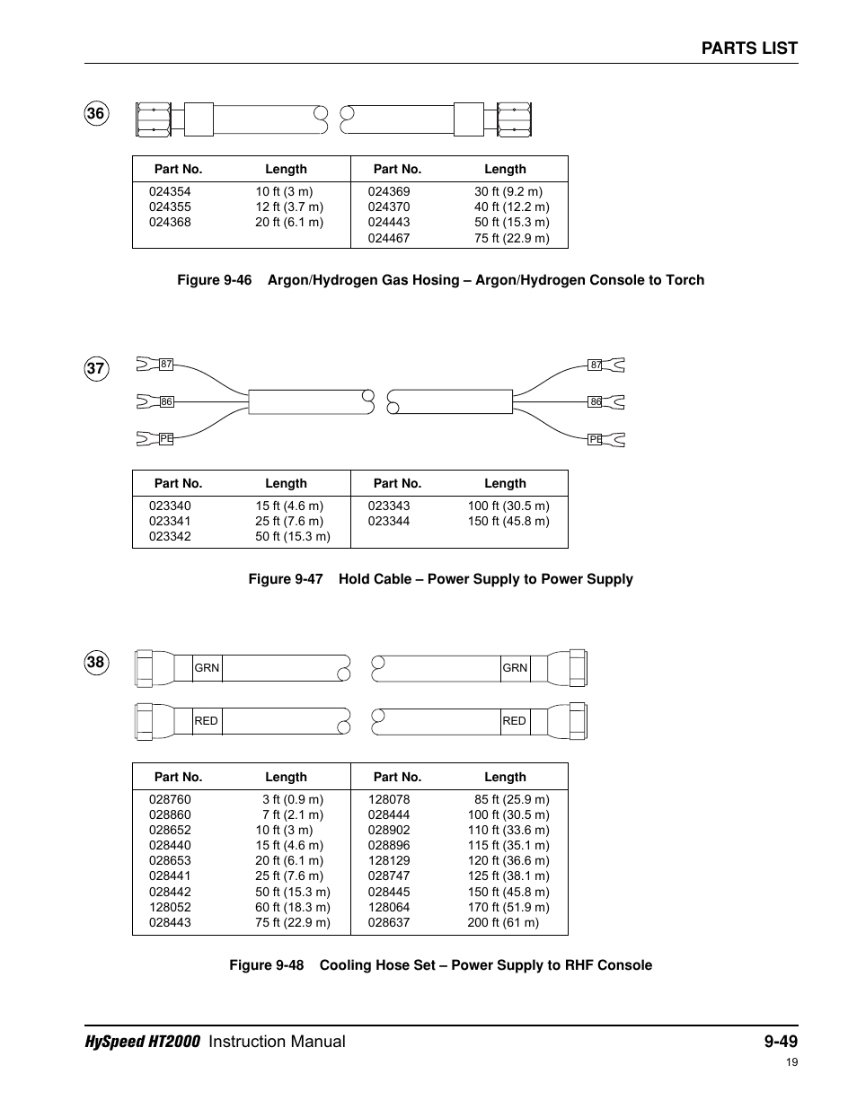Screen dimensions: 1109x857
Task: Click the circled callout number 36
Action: (x=96, y=114)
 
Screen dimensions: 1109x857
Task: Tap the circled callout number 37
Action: (x=96, y=368)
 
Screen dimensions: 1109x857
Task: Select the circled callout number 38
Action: (x=96, y=663)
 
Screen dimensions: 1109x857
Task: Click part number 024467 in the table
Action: (x=388, y=238)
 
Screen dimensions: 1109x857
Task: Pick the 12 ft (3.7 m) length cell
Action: (x=289, y=207)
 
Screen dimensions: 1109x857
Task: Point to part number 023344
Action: (x=388, y=521)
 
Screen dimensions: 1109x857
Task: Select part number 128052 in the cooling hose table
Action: (x=170, y=907)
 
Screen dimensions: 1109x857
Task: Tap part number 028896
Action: (x=388, y=845)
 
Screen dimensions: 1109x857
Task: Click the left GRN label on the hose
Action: (x=207, y=668)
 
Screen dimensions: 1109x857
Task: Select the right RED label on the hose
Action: (x=514, y=721)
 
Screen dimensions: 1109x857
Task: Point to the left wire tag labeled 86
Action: (x=166, y=402)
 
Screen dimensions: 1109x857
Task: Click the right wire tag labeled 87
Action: (x=596, y=365)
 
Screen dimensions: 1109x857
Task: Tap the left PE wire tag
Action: (x=166, y=439)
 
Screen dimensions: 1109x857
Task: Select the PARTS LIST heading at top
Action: (x=749, y=48)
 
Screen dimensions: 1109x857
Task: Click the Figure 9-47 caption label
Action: (x=285, y=579)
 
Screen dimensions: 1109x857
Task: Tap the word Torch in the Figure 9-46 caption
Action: (x=685, y=280)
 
